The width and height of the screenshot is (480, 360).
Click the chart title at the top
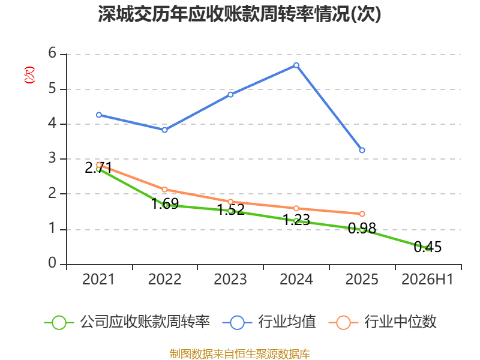pyautogui.click(x=239, y=14)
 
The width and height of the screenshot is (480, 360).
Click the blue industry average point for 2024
pyautogui.click(x=296, y=65)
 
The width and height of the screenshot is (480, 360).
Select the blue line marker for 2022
pyautogui.click(x=164, y=130)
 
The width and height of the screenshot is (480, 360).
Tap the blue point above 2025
pyautogui.click(x=362, y=150)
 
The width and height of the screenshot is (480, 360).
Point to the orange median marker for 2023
pyautogui.click(x=230, y=202)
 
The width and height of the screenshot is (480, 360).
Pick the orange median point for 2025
pyautogui.click(x=362, y=214)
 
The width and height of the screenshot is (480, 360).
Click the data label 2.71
pyautogui.click(x=98, y=168)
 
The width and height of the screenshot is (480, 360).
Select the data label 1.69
pyautogui.click(x=165, y=203)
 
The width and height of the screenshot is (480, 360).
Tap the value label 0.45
pyautogui.click(x=428, y=247)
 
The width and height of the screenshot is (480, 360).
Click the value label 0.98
pyautogui.click(x=362, y=229)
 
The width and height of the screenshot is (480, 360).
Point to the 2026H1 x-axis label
pyautogui.click(x=427, y=279)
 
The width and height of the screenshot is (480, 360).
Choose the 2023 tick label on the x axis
pyautogui.click(x=230, y=279)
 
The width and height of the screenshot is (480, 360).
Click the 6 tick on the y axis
pyautogui.click(x=52, y=53)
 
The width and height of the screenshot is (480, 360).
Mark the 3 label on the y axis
pyautogui.click(x=52, y=158)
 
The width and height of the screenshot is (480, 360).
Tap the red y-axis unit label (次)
pyautogui.click(x=29, y=75)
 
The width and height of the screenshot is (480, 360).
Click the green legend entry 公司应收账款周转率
pyautogui.click(x=127, y=322)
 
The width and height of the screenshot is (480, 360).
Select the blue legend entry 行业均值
pyautogui.click(x=269, y=322)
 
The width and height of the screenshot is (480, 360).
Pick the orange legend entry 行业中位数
pyautogui.click(x=382, y=322)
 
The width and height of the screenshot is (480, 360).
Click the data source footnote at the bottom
pyautogui.click(x=240, y=354)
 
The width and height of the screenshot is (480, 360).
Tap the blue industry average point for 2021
pyautogui.click(x=99, y=115)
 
